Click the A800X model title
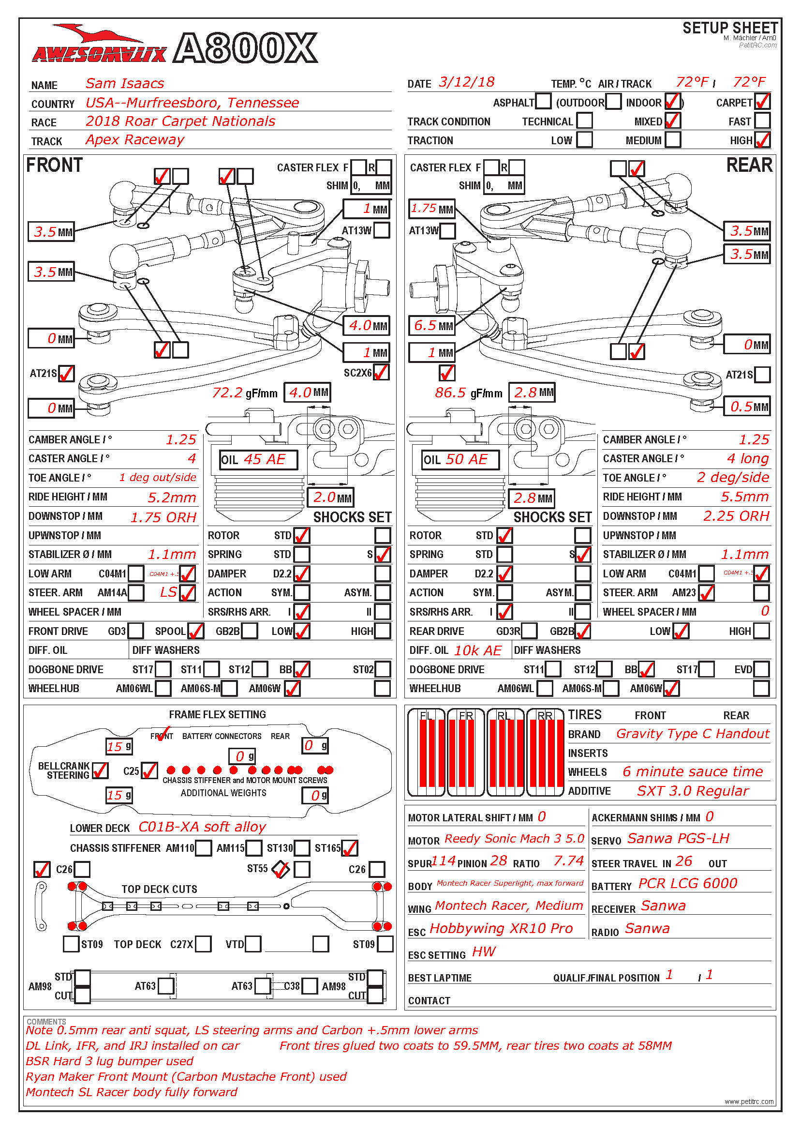(x=245, y=48)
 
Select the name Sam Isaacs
(x=125, y=83)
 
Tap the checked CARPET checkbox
(x=762, y=102)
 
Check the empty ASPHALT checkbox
(x=543, y=102)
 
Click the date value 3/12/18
(x=466, y=82)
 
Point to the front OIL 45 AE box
(x=259, y=459)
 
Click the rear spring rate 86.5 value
(x=450, y=392)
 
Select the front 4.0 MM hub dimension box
(x=367, y=325)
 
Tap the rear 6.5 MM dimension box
(x=432, y=325)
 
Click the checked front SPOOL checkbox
(x=195, y=631)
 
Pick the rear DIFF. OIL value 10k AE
(x=477, y=650)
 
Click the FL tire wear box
(x=427, y=753)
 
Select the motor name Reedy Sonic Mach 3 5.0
(x=514, y=839)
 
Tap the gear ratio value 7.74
(x=568, y=861)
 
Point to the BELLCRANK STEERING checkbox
(x=100, y=770)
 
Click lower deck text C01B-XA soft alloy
(x=202, y=827)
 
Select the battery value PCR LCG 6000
(x=687, y=883)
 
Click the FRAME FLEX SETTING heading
(x=217, y=714)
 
